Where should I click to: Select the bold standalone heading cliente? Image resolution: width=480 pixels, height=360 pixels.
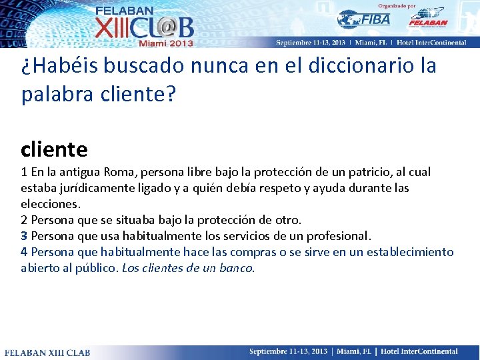pyautogui.click(x=54, y=148)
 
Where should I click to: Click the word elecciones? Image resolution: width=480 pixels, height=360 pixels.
pyautogui.click(x=51, y=204)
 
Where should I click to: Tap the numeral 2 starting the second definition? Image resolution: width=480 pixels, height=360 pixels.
pyautogui.click(x=24, y=220)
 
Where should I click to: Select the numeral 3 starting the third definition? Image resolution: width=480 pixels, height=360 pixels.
pyautogui.click(x=24, y=236)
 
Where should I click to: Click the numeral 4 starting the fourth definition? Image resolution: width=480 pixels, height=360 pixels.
pyautogui.click(x=24, y=252)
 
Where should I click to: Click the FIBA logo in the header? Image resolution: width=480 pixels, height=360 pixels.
pyautogui.click(x=364, y=19)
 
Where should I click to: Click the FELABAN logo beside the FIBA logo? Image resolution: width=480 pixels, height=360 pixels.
pyautogui.click(x=427, y=18)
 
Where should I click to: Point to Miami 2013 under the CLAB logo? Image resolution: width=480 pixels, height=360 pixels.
pyautogui.click(x=165, y=43)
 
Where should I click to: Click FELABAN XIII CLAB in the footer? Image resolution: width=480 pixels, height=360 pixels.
pyautogui.click(x=47, y=352)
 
